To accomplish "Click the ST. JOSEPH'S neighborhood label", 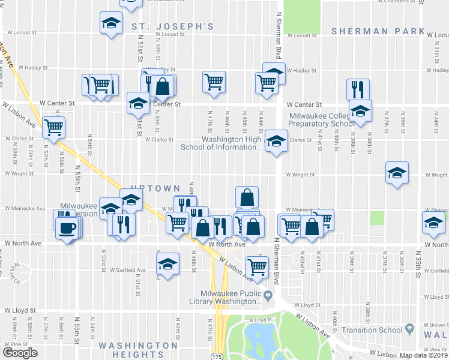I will tap(173, 26).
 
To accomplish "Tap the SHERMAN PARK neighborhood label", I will tap(378, 31).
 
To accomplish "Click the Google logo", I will tap(20, 353).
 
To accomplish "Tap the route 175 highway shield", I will tap(217, 356).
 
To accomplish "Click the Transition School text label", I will tap(372, 330).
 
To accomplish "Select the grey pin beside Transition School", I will tap(410, 329).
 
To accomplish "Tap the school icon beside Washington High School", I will tap(276, 142).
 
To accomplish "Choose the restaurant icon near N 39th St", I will tap(358, 89).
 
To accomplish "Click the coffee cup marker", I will tap(67, 227).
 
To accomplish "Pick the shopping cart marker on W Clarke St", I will tap(54, 127).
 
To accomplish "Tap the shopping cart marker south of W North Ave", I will tap(258, 266).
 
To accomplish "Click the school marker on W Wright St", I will tap(397, 173).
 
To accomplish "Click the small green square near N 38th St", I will tap(377, 218).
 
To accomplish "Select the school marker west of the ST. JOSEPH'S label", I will tap(110, 23).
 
